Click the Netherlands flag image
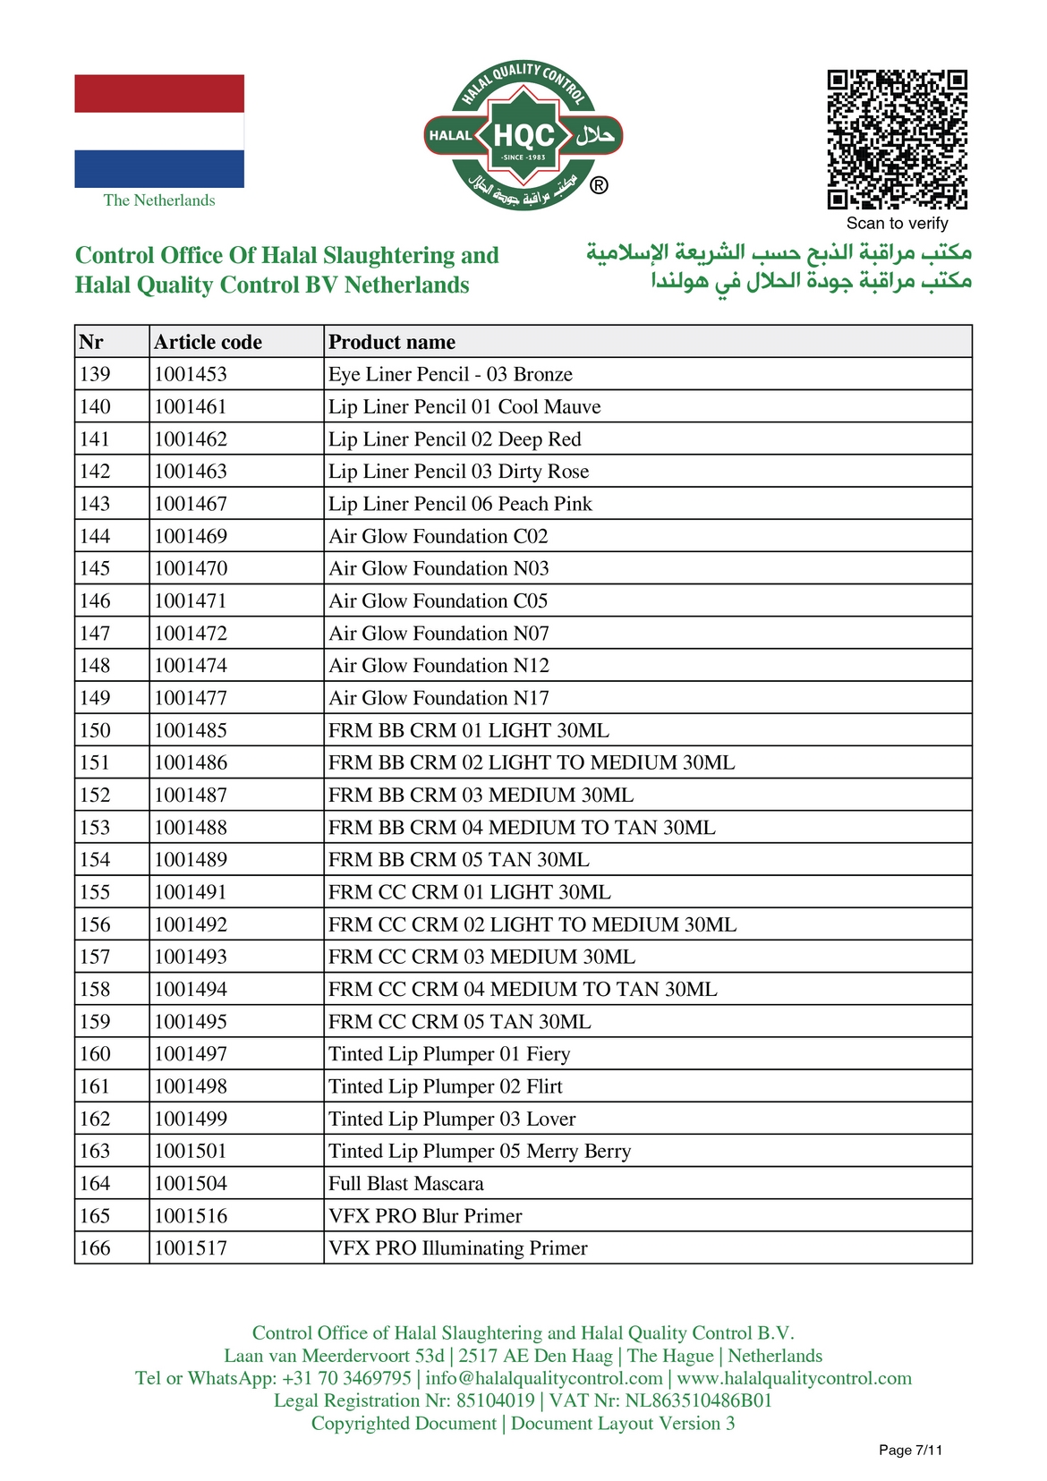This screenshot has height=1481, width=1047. (x=159, y=131)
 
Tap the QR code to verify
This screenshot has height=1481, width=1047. (x=897, y=139)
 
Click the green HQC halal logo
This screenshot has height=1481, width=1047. (x=523, y=136)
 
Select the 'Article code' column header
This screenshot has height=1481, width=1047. (x=208, y=342)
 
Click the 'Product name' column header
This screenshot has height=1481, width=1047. (x=392, y=342)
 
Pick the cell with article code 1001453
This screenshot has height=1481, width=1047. (x=191, y=374)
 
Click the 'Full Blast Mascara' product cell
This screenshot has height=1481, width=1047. (x=406, y=1183)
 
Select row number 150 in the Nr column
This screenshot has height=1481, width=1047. (x=95, y=730)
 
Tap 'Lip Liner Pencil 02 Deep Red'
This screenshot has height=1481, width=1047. (x=455, y=439)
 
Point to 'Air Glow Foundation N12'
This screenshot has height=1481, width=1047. (x=438, y=666)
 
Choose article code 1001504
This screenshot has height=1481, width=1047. (x=191, y=1183)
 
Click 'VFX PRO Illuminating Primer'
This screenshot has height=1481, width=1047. (x=458, y=1248)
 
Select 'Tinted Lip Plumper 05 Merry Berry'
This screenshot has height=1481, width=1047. (x=480, y=1151)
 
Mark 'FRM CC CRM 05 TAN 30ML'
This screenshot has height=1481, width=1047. (x=460, y=1022)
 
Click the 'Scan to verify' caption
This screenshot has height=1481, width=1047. (x=897, y=224)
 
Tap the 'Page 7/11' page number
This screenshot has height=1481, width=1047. (x=910, y=1450)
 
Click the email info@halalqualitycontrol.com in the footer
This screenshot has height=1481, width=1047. (x=544, y=1378)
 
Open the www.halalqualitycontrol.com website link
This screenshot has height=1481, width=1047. (x=795, y=1378)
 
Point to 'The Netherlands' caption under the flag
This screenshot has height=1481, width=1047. (x=159, y=200)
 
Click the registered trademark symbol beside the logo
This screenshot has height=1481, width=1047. (x=599, y=185)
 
